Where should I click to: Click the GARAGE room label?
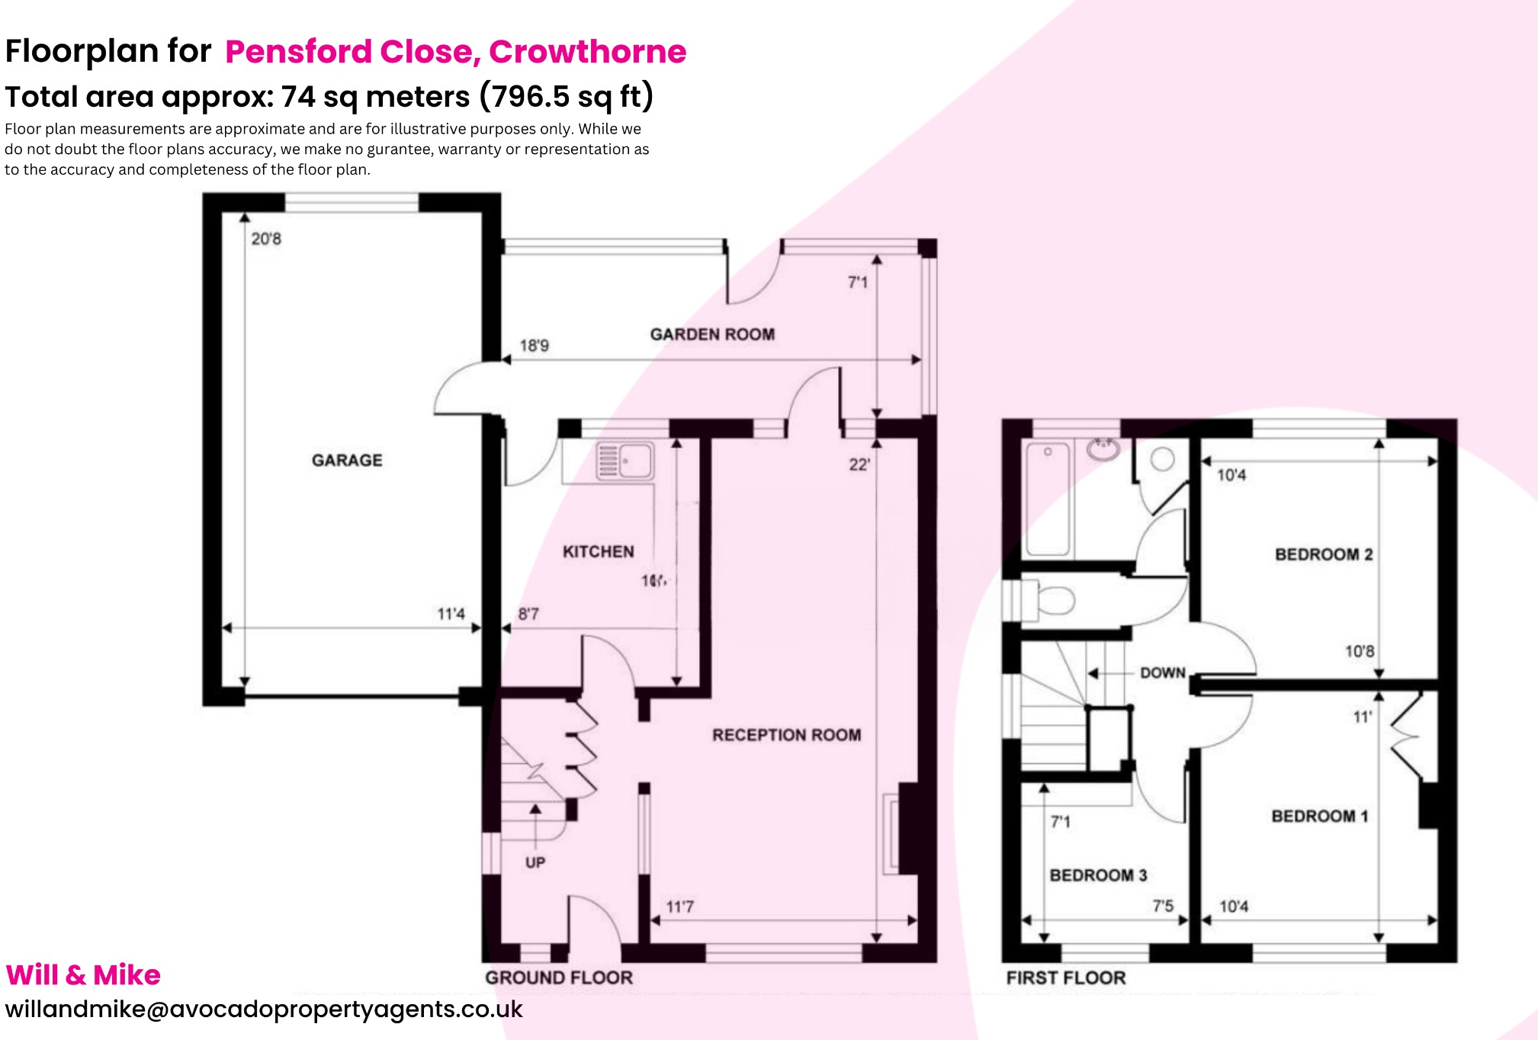click(x=347, y=460)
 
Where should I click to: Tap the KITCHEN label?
click(x=598, y=551)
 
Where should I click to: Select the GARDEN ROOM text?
click(x=712, y=334)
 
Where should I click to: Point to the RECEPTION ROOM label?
click(x=786, y=735)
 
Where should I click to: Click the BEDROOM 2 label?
click(x=1323, y=554)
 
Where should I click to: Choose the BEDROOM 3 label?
click(x=1098, y=875)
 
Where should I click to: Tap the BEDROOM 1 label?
click(x=1319, y=816)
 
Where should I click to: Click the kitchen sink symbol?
click(x=625, y=461)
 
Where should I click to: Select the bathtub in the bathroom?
click(x=1048, y=499)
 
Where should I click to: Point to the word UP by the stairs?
click(x=535, y=862)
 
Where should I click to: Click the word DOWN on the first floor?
click(x=1162, y=672)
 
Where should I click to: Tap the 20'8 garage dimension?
click(x=266, y=239)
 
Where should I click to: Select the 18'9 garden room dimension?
click(x=534, y=345)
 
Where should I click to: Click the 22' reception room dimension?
click(x=859, y=464)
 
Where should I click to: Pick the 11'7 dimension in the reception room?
click(x=679, y=907)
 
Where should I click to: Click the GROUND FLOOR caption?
click(x=559, y=977)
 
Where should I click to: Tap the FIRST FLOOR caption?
click(x=1065, y=977)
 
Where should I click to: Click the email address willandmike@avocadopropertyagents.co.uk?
click(x=264, y=1009)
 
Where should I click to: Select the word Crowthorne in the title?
click(x=587, y=51)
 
